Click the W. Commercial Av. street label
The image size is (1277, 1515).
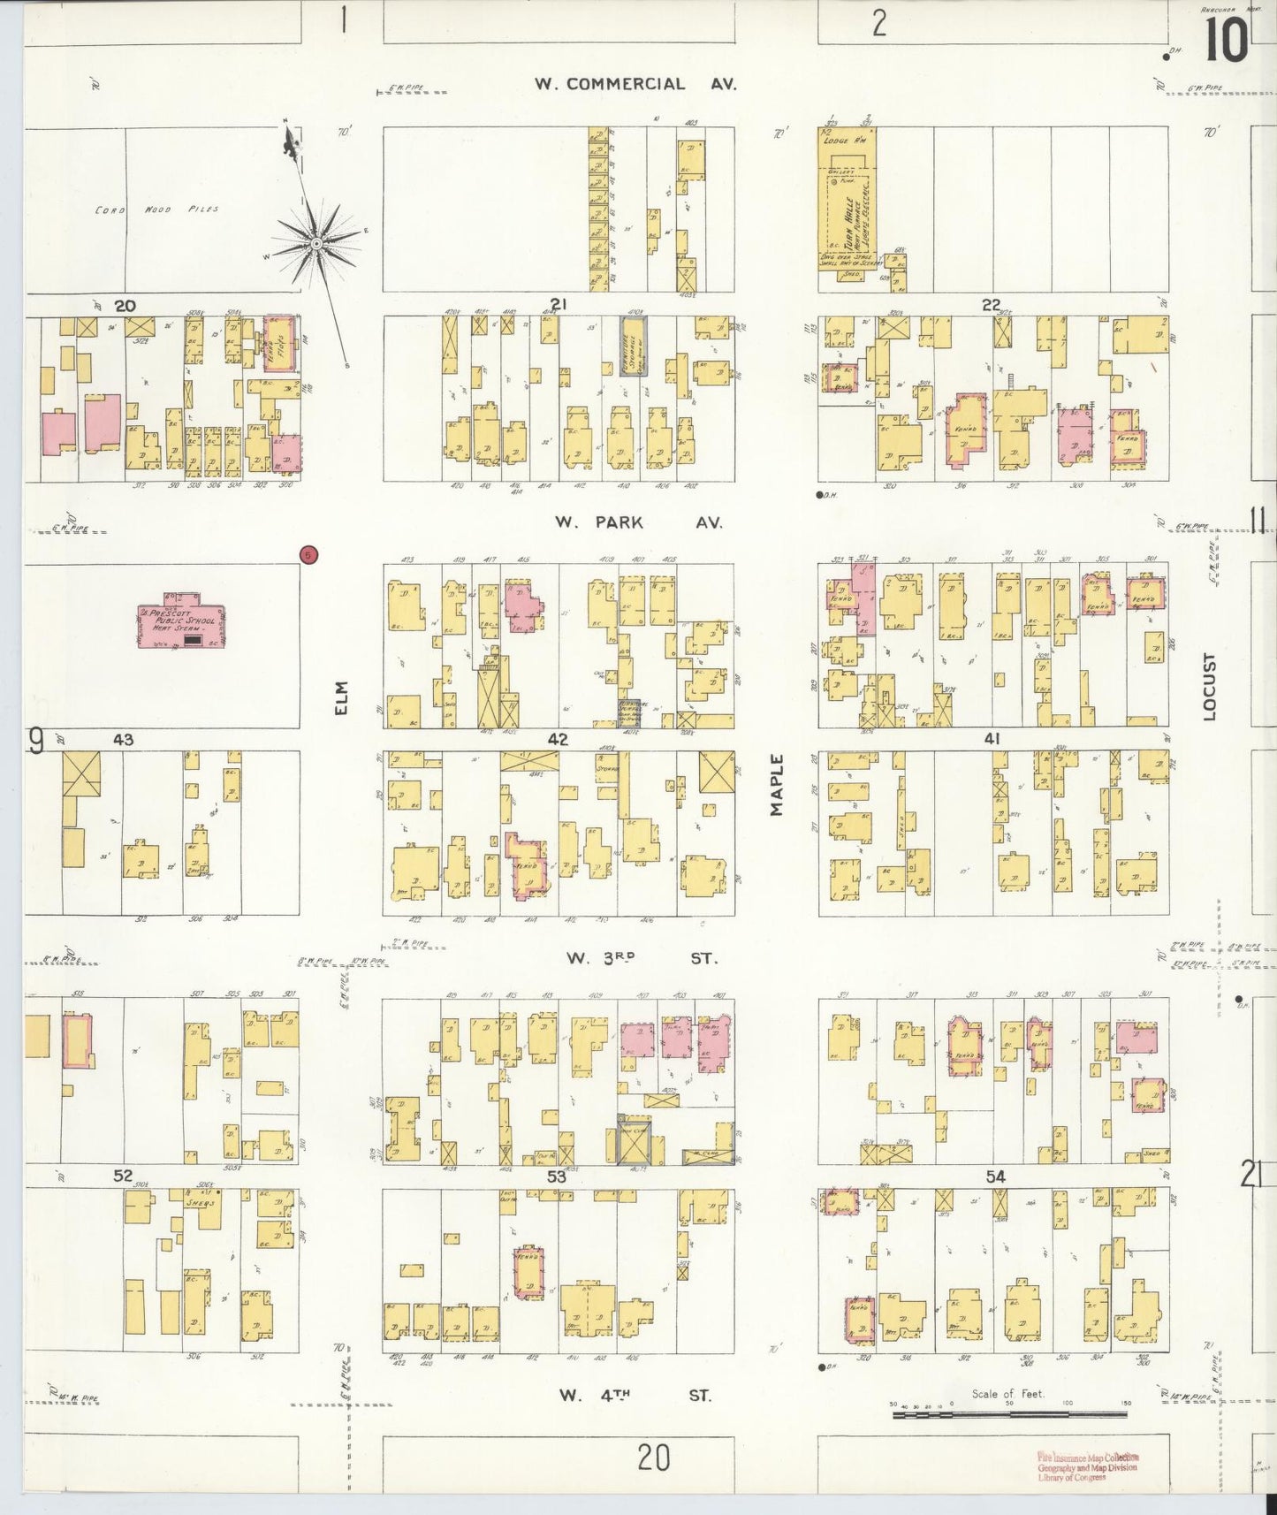point(635,85)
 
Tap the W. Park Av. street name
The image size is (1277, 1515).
point(638,522)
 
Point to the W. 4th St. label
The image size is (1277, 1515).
point(635,1396)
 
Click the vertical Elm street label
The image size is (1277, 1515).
point(343,697)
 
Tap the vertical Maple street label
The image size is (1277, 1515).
point(777,784)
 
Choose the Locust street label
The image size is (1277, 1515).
point(1209,687)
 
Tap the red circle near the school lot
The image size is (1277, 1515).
point(308,554)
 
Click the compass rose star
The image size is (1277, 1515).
point(315,242)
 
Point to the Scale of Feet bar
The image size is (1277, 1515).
point(1009,1414)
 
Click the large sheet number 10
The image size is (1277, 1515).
point(1225,42)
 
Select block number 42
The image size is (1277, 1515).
point(558,740)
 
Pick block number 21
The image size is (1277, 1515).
point(558,305)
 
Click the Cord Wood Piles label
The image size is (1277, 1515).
point(157,210)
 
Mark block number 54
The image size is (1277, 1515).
point(995,1176)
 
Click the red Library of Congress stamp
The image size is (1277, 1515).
point(1086,1466)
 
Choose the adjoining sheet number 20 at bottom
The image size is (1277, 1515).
point(654,1457)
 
